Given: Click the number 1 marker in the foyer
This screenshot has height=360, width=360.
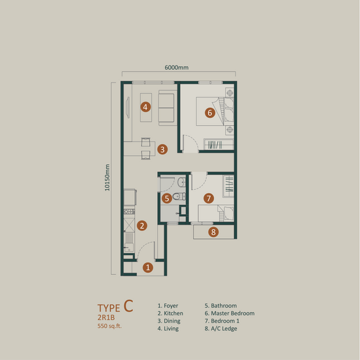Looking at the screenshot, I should click(148, 267).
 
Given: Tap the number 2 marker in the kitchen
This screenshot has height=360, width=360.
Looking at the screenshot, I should click(141, 226).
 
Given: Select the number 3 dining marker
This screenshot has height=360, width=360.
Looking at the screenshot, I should click(162, 150).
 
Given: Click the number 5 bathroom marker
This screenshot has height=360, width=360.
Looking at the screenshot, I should click(168, 198).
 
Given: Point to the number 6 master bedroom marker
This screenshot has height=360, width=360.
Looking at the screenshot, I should click(209, 113).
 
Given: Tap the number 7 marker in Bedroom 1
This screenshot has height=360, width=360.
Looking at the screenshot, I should click(208, 198).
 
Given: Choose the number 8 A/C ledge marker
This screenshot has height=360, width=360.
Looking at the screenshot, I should click(213, 232).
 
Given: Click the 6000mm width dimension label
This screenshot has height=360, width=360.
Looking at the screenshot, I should click(177, 67).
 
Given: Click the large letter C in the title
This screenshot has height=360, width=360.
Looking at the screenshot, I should click(128, 304).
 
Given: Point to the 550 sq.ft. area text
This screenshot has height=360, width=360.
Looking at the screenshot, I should click(111, 325).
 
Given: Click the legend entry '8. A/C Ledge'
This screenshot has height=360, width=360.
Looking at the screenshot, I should click(221, 329).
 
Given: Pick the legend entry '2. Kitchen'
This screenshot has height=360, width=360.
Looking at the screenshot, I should click(171, 314).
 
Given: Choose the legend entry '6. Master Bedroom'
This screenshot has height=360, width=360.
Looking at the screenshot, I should click(229, 314).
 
